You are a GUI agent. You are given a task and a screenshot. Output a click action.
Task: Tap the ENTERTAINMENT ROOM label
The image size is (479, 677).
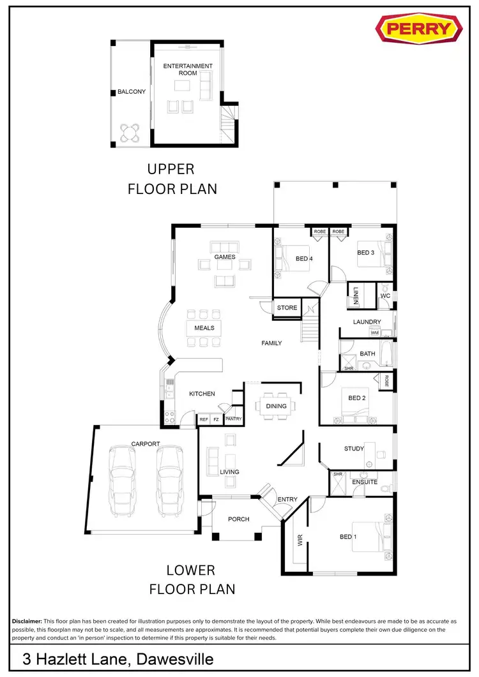(188, 70)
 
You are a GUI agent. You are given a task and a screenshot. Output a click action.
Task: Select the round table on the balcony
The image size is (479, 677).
(131, 132)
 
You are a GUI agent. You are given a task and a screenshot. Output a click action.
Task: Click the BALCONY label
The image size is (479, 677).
(132, 92)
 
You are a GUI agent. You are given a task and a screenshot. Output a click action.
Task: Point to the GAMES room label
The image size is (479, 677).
(225, 257)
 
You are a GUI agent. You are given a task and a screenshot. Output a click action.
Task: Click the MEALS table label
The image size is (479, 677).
(204, 328)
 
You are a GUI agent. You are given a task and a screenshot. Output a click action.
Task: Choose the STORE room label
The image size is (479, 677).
(287, 308)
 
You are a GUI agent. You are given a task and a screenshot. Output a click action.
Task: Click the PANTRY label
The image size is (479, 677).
(234, 419)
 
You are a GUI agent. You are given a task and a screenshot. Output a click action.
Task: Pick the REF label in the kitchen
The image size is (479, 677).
(204, 419)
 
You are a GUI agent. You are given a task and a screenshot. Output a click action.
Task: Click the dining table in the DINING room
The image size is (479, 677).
(276, 406)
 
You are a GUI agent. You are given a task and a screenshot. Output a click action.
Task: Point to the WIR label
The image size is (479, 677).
(300, 541)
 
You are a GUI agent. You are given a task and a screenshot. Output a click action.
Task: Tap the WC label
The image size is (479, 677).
(385, 296)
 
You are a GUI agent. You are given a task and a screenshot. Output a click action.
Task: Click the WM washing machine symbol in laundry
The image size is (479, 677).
(374, 333)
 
